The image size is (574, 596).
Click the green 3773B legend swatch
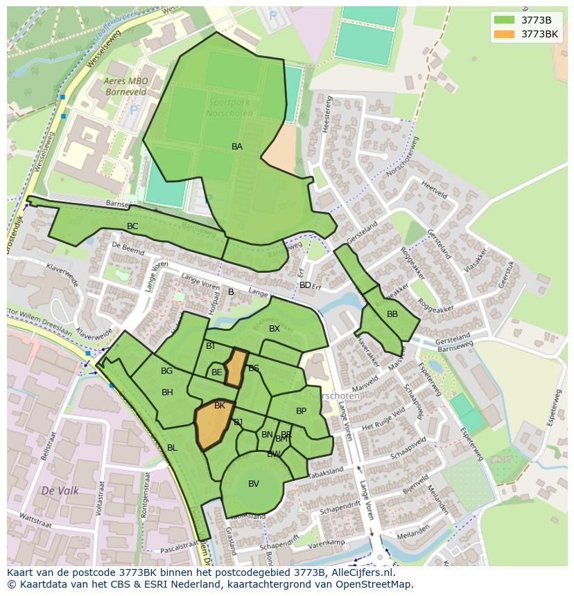504,20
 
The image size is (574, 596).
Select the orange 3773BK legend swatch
504,34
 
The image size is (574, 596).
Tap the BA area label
237,147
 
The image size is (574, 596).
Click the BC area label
132,226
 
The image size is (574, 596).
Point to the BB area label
392,314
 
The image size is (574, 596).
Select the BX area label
275,329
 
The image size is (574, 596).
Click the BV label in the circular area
254,484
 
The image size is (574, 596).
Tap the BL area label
172,448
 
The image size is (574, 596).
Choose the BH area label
167,392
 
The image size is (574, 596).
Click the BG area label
166,371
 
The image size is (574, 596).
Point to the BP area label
301,411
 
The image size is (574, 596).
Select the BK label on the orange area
220,406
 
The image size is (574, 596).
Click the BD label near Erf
305,285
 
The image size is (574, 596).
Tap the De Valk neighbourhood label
60,491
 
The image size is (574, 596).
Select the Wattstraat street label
37,516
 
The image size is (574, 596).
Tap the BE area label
217,372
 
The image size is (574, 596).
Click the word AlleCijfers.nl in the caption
360,572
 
